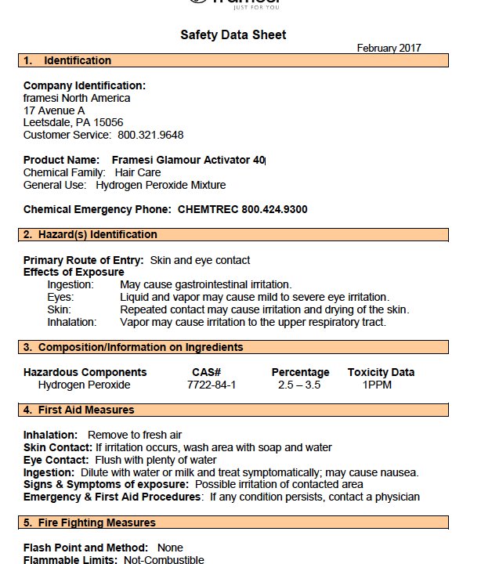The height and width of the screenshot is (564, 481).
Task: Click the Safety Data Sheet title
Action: click(233, 34)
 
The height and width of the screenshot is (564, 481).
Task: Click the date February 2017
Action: click(389, 48)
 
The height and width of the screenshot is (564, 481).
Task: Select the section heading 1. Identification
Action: click(67, 60)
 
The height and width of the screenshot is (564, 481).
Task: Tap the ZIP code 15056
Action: click(107, 123)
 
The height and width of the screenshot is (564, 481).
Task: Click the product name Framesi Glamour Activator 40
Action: click(188, 161)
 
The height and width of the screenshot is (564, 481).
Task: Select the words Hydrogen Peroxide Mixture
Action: click(161, 185)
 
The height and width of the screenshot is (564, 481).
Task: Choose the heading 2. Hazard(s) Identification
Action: click(90, 234)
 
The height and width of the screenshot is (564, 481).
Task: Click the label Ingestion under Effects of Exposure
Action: click(71, 284)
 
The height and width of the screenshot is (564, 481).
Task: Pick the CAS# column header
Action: click(206, 372)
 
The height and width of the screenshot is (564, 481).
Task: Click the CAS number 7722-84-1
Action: click(211, 385)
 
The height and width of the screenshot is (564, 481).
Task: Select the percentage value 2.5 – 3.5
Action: click(300, 385)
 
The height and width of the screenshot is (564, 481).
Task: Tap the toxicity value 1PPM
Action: click(377, 385)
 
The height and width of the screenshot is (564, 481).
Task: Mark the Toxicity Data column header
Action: click(381, 372)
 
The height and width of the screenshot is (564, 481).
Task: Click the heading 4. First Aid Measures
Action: click(78, 410)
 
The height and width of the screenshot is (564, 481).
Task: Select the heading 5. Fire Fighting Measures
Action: click(89, 522)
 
